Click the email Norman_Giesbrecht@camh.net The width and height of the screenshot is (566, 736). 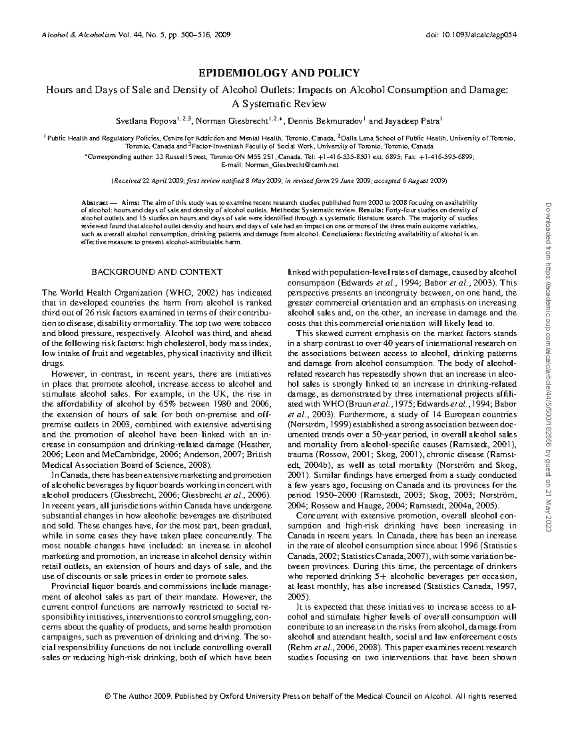pyautogui.click(x=291, y=165)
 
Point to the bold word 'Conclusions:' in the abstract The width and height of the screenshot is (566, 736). pyautogui.click(x=341, y=234)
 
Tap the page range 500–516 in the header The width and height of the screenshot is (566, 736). pyautogui.click(x=197, y=35)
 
